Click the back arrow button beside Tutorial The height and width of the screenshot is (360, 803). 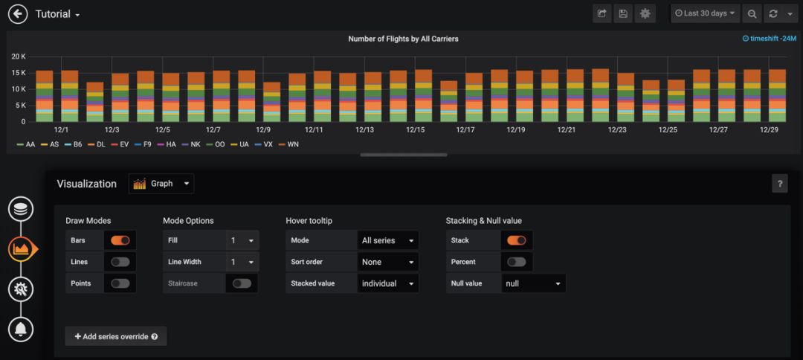click(x=18, y=14)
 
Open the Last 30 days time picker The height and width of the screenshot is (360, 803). click(x=704, y=13)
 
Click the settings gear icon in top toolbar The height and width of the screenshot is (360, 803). click(x=645, y=13)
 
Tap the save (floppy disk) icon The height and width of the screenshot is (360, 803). click(x=623, y=13)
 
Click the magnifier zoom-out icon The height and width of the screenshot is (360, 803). click(x=752, y=13)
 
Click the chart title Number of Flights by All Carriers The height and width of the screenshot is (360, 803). click(x=402, y=39)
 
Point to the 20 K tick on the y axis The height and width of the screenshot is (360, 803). click(x=19, y=57)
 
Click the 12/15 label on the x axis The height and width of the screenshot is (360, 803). click(x=415, y=129)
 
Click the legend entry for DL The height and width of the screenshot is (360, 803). click(x=100, y=144)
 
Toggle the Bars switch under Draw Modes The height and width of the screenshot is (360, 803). click(x=120, y=240)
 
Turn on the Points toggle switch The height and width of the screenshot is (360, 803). click(x=120, y=283)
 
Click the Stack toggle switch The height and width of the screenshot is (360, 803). click(x=517, y=240)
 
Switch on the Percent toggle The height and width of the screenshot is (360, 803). click(x=517, y=262)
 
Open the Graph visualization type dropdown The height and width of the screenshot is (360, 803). click(x=161, y=184)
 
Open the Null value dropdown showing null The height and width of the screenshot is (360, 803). click(x=533, y=283)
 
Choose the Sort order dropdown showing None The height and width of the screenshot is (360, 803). click(x=387, y=262)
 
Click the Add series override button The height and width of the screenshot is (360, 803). click(x=116, y=336)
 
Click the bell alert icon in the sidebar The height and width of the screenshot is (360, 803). click(x=21, y=328)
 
